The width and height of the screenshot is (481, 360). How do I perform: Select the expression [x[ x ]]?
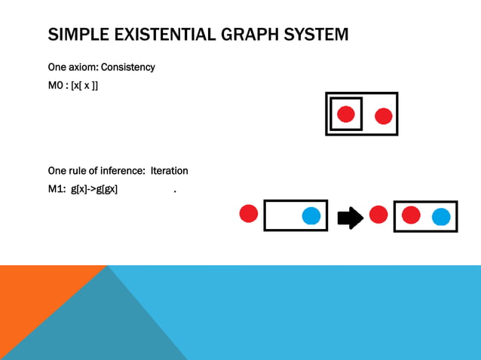pyautogui.click(x=84, y=85)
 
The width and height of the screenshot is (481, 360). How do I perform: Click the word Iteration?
pyautogui.click(x=169, y=171)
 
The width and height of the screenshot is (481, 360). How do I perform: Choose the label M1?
pyautogui.click(x=57, y=189)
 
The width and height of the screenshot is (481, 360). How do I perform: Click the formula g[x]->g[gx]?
pyautogui.click(x=94, y=189)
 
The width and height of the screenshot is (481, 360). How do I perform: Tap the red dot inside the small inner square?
pyautogui.click(x=346, y=114)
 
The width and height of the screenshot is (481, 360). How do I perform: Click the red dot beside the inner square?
pyautogui.click(x=383, y=116)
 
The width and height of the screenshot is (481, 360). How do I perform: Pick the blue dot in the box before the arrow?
pyautogui.click(x=311, y=216)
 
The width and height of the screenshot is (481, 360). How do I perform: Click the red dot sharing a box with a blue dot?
pyautogui.click(x=411, y=215)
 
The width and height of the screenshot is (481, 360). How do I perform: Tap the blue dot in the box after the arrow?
pyautogui.click(x=441, y=218)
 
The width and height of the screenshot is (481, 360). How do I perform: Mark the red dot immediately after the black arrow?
pyautogui.click(x=378, y=215)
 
